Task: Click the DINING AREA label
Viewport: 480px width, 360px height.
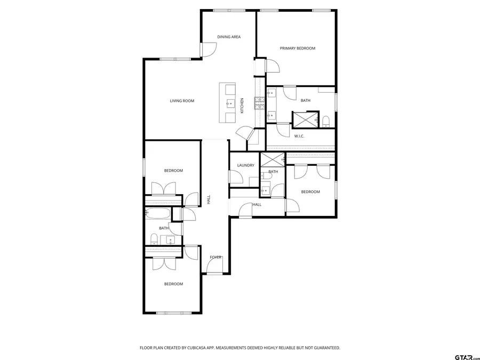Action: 229,37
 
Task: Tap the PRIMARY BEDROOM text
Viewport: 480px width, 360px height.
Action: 298,49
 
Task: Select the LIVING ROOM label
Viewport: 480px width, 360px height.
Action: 182,101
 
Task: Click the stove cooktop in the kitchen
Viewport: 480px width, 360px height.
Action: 259,102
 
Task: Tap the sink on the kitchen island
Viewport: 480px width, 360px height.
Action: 231,103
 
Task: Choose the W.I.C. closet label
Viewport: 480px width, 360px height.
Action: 299,136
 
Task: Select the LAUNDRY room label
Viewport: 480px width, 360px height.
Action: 246,165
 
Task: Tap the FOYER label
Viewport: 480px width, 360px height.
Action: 215,257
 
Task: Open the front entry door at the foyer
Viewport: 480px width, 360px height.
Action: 215,267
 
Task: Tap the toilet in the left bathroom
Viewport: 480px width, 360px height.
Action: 154,238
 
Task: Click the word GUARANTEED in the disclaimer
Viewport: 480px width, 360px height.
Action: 324,348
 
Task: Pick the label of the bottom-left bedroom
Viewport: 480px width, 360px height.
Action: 173,284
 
